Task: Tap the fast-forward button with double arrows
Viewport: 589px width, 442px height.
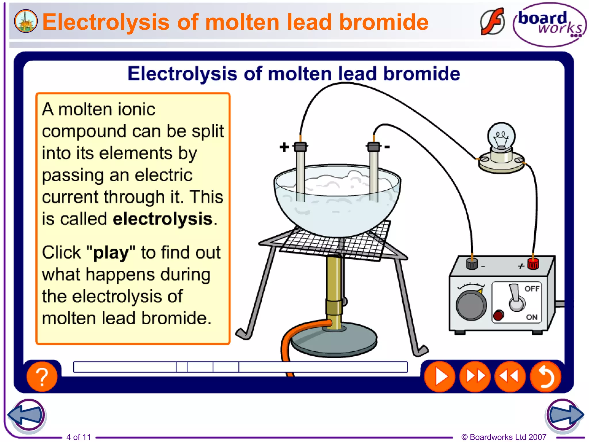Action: pyautogui.click(x=475, y=376)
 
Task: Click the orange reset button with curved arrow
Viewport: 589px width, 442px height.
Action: pyautogui.click(x=546, y=376)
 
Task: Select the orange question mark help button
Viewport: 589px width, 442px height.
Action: pyautogui.click(x=42, y=376)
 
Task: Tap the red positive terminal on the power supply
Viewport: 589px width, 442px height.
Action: pyautogui.click(x=533, y=263)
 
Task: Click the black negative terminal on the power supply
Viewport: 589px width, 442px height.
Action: pyautogui.click(x=472, y=263)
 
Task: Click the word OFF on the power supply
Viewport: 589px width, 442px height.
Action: pyautogui.click(x=532, y=289)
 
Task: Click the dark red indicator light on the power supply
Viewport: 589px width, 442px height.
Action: pyautogui.click(x=498, y=315)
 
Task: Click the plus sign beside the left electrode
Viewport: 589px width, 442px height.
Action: pyautogui.click(x=284, y=147)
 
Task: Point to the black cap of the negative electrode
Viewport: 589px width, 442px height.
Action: pyautogui.click(x=374, y=147)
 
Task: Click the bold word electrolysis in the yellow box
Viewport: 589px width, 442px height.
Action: pyautogui.click(x=163, y=219)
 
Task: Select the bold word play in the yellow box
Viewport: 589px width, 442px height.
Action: pyautogui.click(x=111, y=253)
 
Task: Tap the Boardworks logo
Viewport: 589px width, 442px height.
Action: pyautogui.click(x=549, y=24)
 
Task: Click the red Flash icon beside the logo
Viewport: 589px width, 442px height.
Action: pyautogui.click(x=492, y=22)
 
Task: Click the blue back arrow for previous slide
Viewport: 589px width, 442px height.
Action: pyautogui.click(x=26, y=415)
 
